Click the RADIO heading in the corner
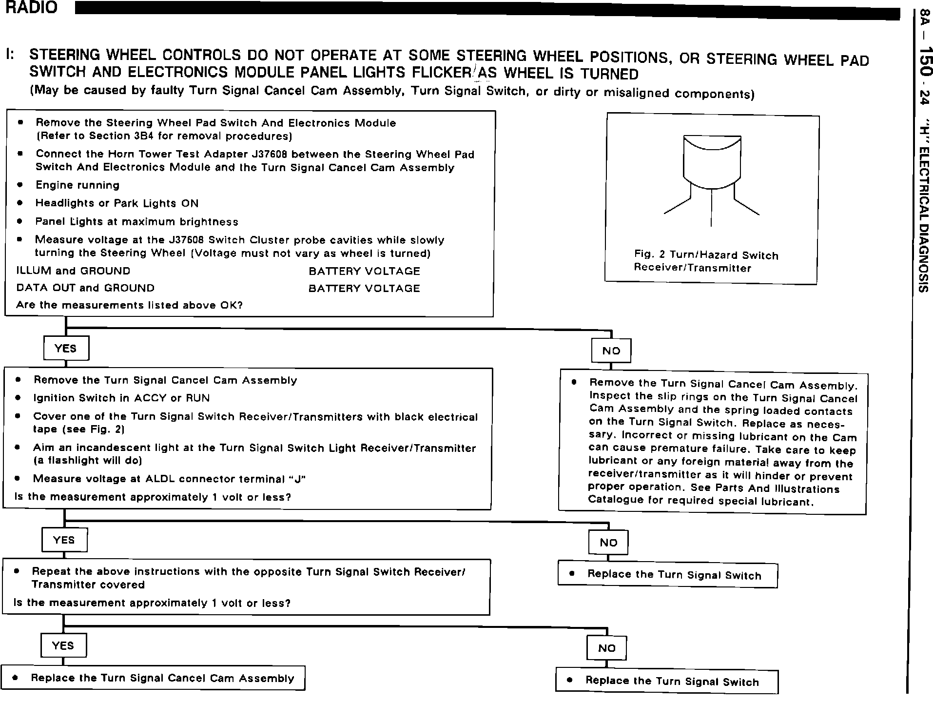click(32, 8)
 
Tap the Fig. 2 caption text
click(705, 261)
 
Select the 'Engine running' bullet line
click(78, 185)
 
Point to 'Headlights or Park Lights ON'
click(117, 203)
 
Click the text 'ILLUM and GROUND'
click(73, 271)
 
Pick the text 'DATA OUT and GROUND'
click(85, 288)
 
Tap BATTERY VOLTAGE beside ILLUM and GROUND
click(364, 271)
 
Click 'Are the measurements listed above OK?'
click(129, 305)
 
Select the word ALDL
click(160, 479)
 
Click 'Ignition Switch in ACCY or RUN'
click(121, 398)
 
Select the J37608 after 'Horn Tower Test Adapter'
click(270, 155)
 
